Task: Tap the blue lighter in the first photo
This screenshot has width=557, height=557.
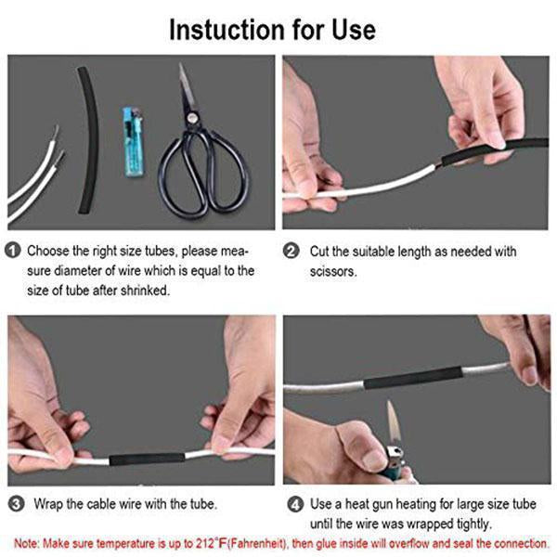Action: (x=133, y=142)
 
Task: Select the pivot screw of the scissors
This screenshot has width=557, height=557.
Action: (x=192, y=117)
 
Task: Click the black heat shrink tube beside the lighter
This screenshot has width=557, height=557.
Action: (x=88, y=140)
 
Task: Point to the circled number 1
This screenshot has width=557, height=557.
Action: (x=13, y=251)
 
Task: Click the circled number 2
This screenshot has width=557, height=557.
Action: (x=291, y=251)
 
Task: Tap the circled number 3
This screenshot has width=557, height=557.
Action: (x=16, y=504)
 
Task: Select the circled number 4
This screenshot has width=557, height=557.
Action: (x=295, y=504)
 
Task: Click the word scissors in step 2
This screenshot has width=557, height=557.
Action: (x=332, y=272)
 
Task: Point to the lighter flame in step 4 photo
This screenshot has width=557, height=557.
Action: (x=394, y=422)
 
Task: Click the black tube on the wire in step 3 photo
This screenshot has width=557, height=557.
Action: (x=147, y=459)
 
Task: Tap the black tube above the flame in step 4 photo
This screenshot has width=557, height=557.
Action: (x=413, y=378)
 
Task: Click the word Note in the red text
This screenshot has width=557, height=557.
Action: (x=26, y=543)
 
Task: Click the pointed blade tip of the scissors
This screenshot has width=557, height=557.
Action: (x=180, y=65)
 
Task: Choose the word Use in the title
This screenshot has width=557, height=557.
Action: (x=353, y=30)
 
